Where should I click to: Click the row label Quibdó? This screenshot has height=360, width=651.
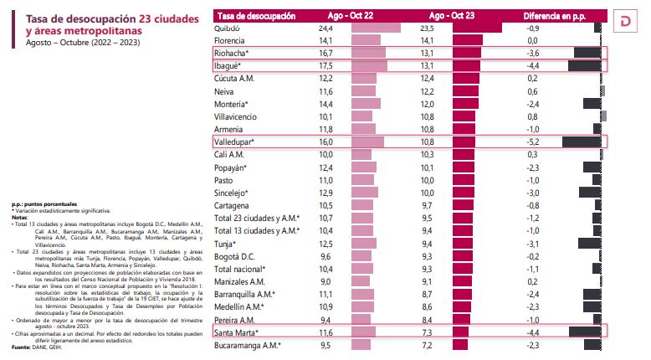(x=228, y=28)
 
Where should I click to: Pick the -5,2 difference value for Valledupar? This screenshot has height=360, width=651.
(x=531, y=142)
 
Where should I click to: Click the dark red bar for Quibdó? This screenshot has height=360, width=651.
(x=476, y=28)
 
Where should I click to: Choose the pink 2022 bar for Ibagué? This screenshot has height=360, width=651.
(x=368, y=65)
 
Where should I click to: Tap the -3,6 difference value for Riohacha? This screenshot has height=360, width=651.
(x=531, y=53)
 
